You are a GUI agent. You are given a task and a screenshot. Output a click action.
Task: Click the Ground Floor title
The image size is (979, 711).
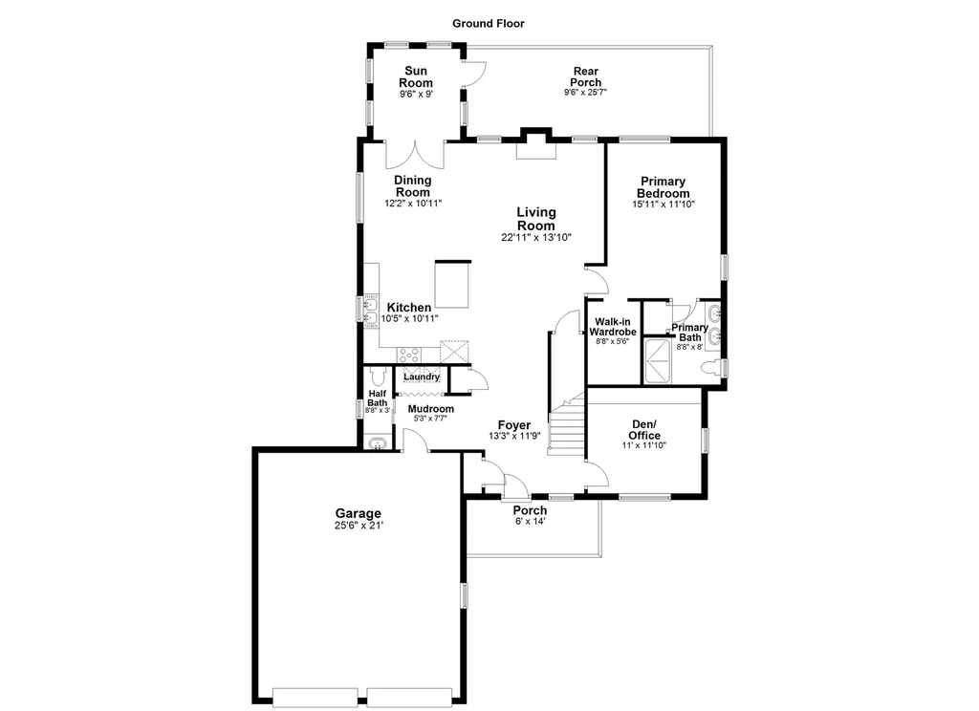coord(489,24)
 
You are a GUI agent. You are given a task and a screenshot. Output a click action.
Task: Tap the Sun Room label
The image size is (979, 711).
coord(416,76)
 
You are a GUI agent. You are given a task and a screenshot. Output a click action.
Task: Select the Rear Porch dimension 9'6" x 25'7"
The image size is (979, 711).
coord(586,93)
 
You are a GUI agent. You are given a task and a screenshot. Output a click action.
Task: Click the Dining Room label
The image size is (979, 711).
coord(413,186)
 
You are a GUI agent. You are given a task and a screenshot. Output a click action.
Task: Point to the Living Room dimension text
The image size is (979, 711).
coord(536,237)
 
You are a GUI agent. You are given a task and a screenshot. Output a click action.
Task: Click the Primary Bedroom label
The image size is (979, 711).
coord(664,187)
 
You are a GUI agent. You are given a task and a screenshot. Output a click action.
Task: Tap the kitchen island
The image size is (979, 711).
coord(452,285)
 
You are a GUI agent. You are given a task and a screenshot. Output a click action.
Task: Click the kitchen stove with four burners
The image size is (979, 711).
coord(409,355)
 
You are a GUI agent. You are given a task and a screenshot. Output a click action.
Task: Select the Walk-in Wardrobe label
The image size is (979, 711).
coord(613,327)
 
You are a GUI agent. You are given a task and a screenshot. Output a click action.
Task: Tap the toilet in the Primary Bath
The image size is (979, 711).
coord(710,367)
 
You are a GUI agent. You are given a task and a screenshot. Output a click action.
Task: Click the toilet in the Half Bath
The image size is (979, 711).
coord(378,377)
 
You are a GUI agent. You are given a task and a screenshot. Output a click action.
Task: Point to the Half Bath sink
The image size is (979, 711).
coord(377,443)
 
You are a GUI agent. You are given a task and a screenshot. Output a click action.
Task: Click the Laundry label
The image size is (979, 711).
coord(422,377)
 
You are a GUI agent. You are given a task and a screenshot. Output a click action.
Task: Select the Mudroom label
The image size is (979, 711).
coord(431,409)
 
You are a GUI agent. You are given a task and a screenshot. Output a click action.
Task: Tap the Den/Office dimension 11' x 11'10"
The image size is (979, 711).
coord(644,445)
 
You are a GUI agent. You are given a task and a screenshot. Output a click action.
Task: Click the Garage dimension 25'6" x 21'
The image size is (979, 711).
coord(359,526)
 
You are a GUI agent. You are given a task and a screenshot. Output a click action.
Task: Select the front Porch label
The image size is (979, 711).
coord(530,510)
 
